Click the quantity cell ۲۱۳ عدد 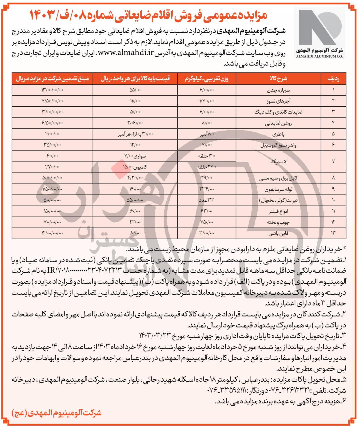point(207,200)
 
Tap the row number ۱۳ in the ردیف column point(333,233)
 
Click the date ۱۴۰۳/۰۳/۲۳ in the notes point(154,334)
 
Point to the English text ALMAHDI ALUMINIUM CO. point(320,57)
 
